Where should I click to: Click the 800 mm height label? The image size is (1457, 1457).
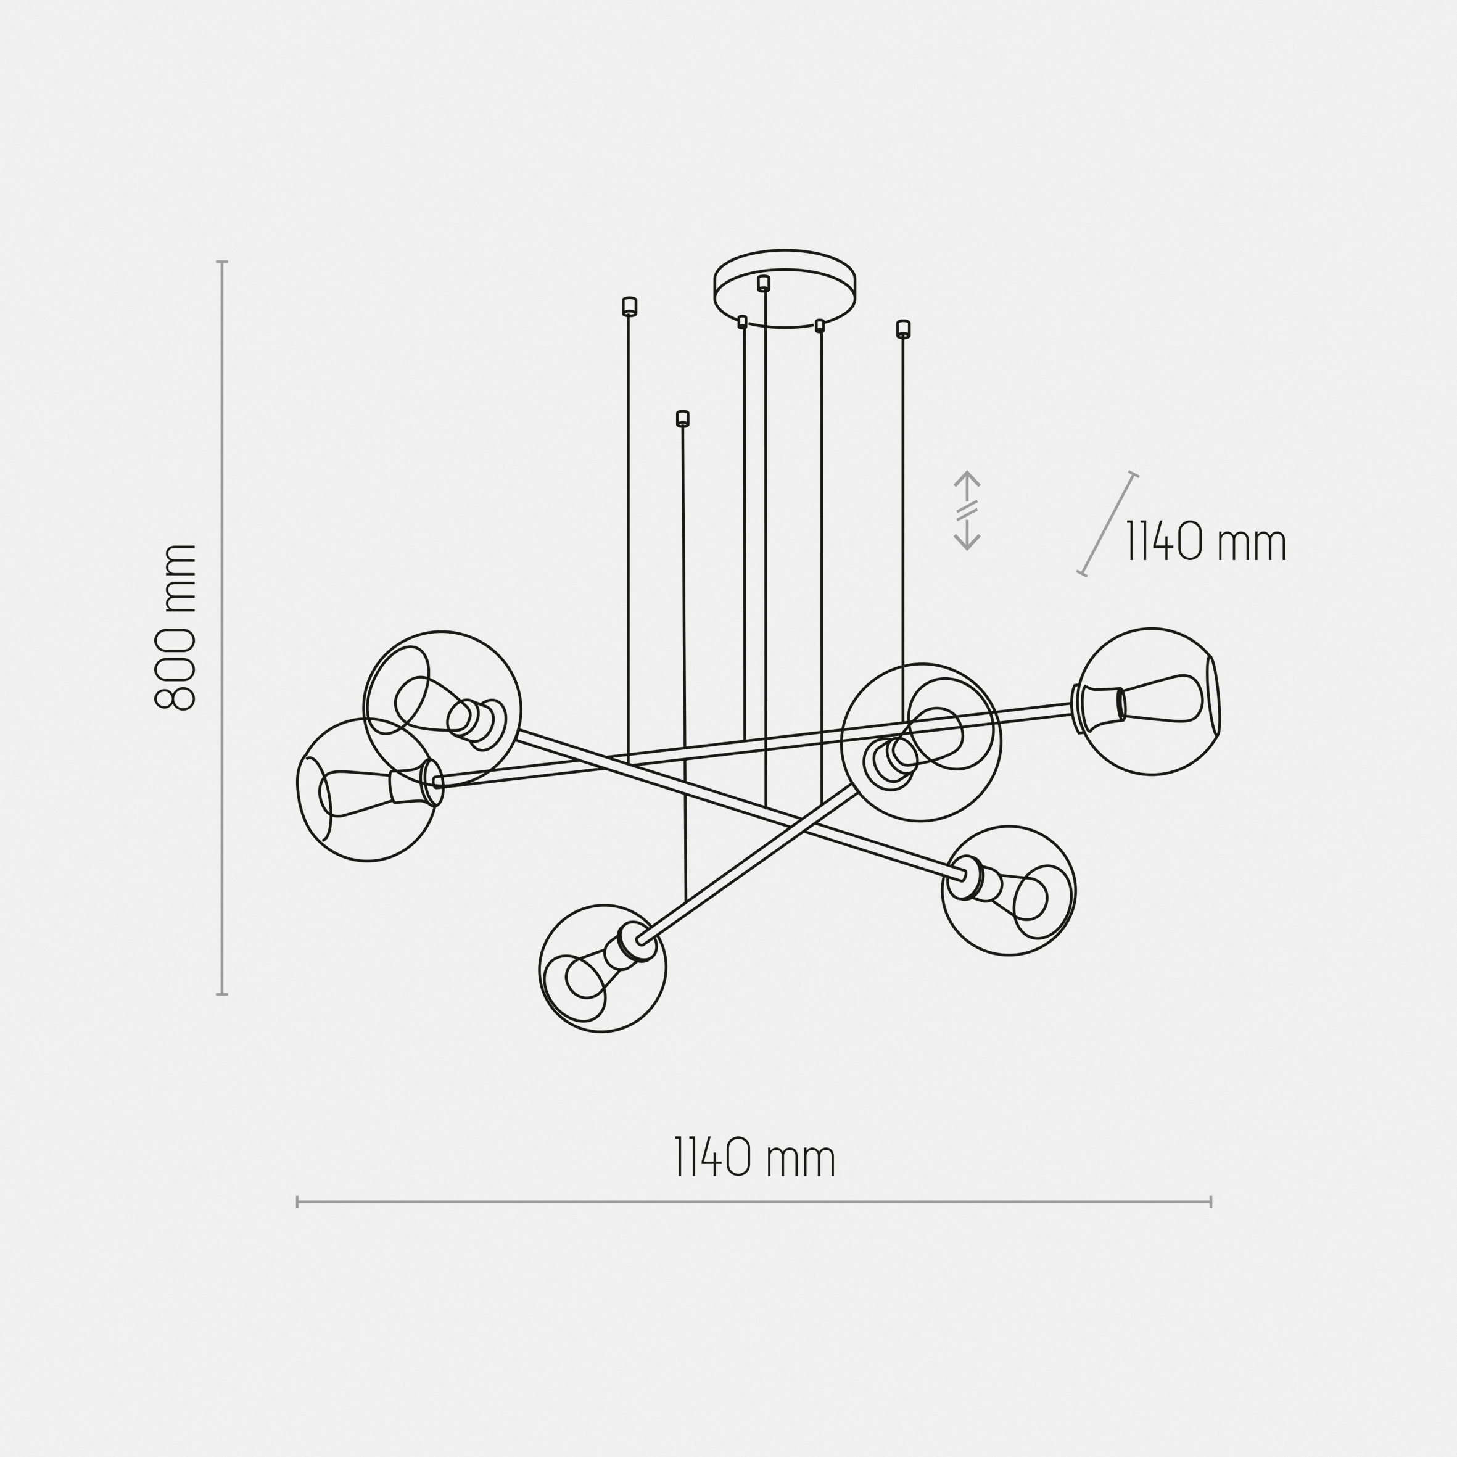click(x=176, y=627)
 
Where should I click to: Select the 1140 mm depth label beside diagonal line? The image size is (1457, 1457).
click(x=1205, y=542)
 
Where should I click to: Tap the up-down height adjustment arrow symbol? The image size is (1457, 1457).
click(x=966, y=511)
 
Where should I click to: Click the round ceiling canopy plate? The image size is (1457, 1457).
click(x=784, y=287)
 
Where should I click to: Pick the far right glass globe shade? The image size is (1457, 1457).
click(x=1150, y=701)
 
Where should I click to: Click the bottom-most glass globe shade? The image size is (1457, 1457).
click(x=603, y=968)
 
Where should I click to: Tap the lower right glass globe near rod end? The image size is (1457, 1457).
click(x=1009, y=891)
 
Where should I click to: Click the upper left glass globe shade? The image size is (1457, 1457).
click(x=441, y=709)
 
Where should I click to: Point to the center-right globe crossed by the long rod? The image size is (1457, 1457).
click(x=921, y=743)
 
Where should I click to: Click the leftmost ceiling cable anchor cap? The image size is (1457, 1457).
click(x=629, y=306)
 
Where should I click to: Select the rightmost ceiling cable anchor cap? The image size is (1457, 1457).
click(x=902, y=329)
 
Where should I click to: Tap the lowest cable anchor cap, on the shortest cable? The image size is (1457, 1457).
click(x=682, y=419)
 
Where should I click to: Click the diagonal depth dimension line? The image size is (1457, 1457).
click(x=1107, y=525)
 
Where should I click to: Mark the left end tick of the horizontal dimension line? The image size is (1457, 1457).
click(x=298, y=1202)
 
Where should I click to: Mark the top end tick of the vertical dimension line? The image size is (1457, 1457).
click(x=221, y=262)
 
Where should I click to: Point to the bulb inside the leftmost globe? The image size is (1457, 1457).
click(x=355, y=793)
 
